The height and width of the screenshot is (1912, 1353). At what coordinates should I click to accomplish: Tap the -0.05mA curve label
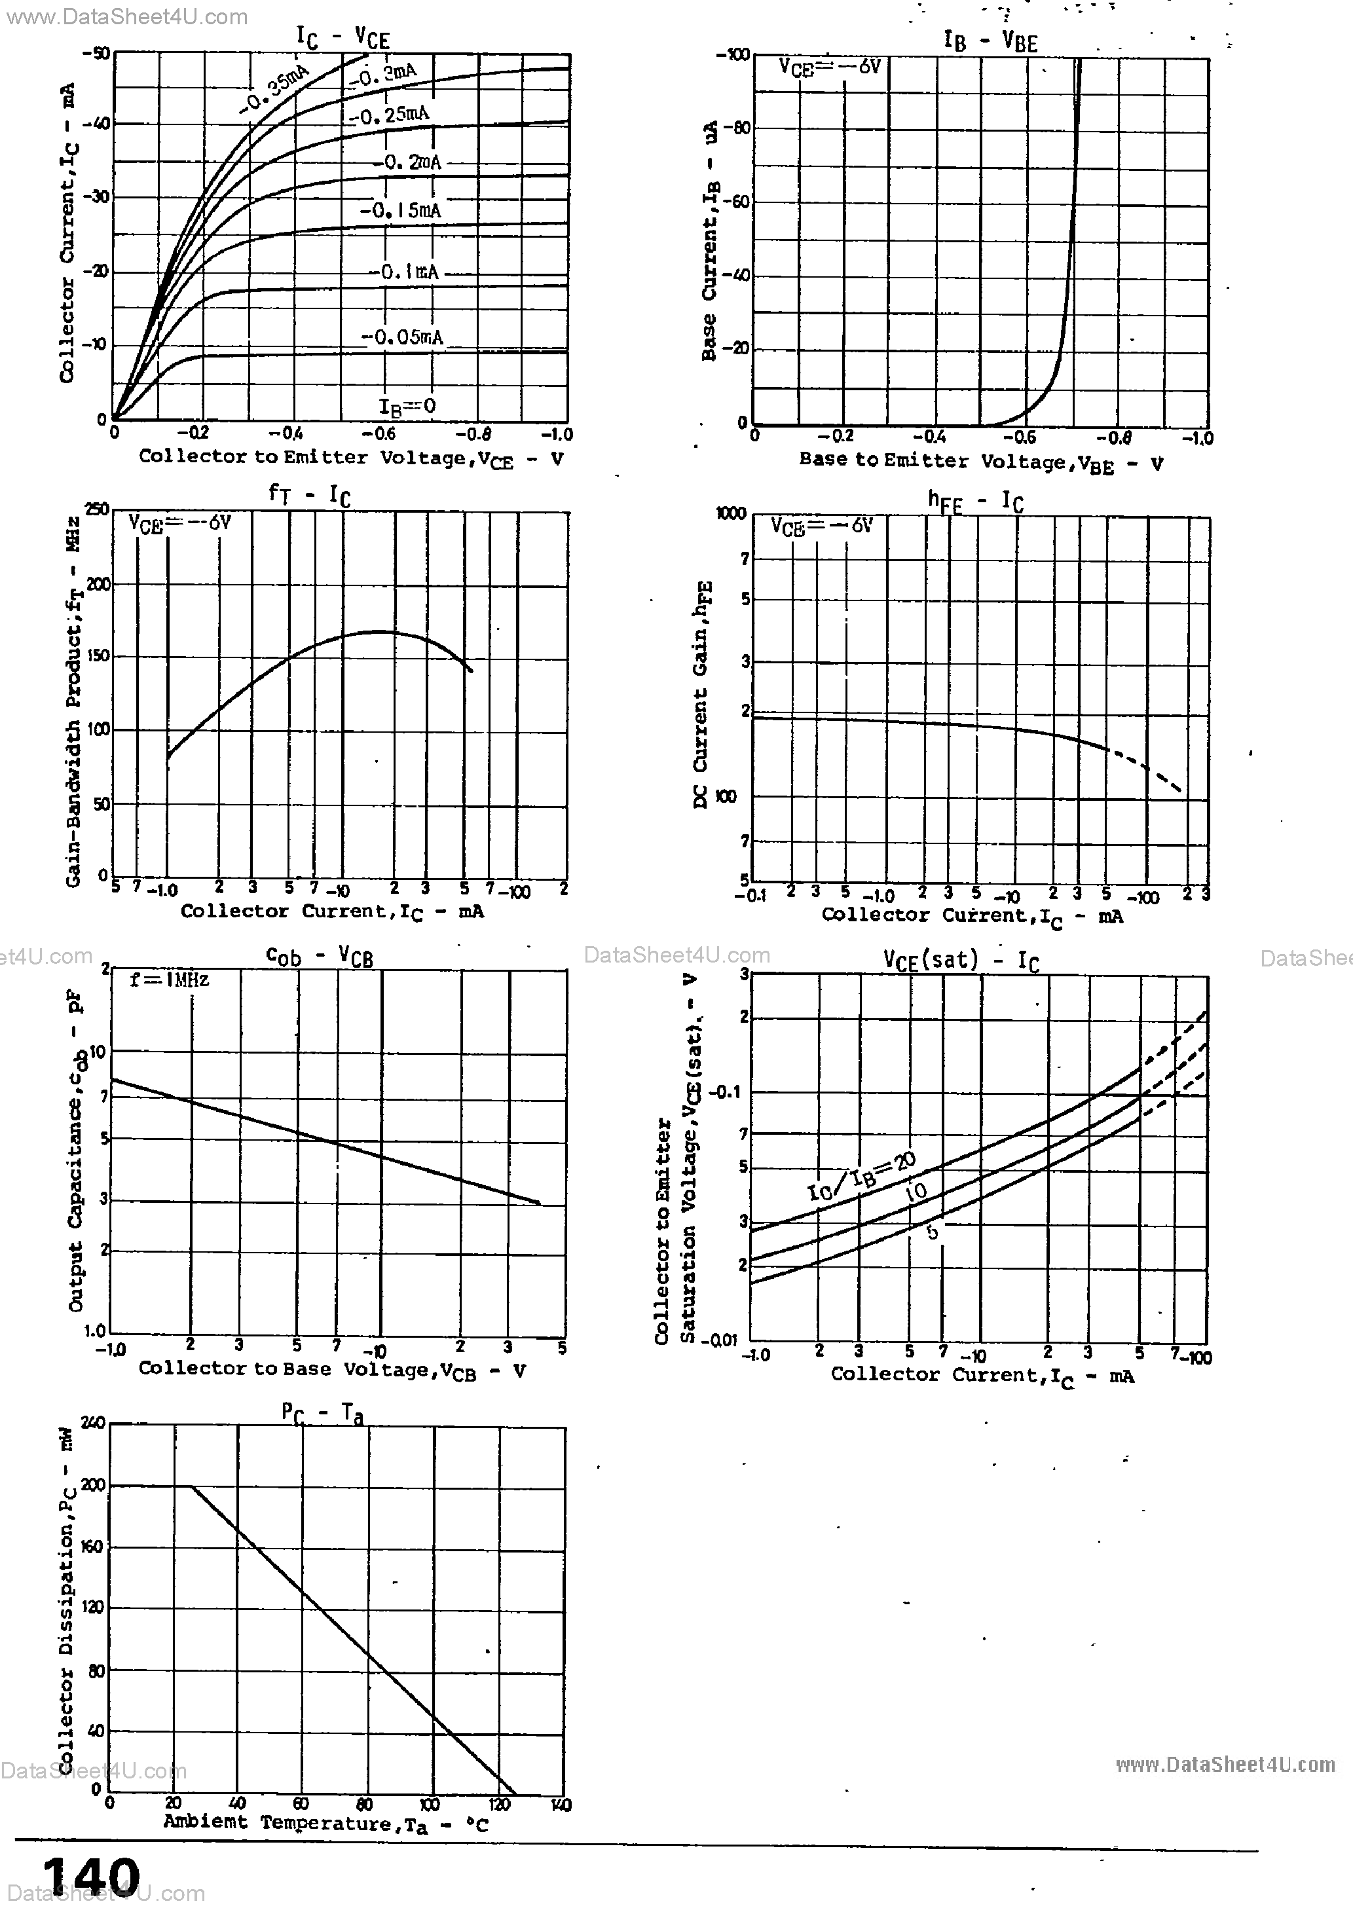[x=402, y=337]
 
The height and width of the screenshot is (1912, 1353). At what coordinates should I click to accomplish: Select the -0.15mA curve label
[x=401, y=211]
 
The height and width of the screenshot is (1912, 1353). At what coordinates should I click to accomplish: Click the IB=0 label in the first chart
[x=407, y=407]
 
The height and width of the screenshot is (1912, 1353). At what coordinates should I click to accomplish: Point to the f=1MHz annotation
[x=169, y=980]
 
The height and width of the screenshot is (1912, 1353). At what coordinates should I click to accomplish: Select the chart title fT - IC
[x=309, y=494]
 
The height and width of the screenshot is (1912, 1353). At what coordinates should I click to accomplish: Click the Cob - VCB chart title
[x=319, y=956]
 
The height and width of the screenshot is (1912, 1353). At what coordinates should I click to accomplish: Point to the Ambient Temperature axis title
[x=325, y=1823]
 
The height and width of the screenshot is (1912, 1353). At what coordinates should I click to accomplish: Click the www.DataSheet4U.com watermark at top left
[x=126, y=16]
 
